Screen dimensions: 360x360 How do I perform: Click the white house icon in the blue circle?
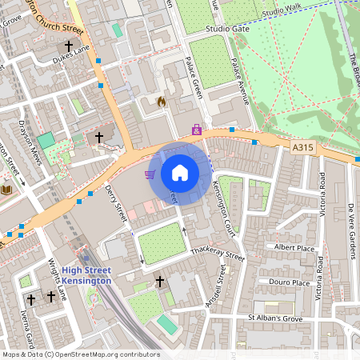coord(180,173)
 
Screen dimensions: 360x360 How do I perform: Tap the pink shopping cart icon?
coord(150,174)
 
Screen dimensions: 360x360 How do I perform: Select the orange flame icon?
coord(162,102)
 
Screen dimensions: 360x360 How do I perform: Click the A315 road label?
coord(303,148)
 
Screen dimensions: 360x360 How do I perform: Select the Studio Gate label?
coord(227,29)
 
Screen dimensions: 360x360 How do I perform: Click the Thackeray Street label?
coord(218,254)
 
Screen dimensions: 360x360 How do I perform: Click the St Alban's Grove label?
coord(275,318)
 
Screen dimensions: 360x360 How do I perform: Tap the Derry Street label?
coord(117,203)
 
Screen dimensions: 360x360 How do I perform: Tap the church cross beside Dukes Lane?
coord(69,46)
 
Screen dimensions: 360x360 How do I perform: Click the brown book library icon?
coord(7,190)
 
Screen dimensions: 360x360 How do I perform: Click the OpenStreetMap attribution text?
coord(80,354)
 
